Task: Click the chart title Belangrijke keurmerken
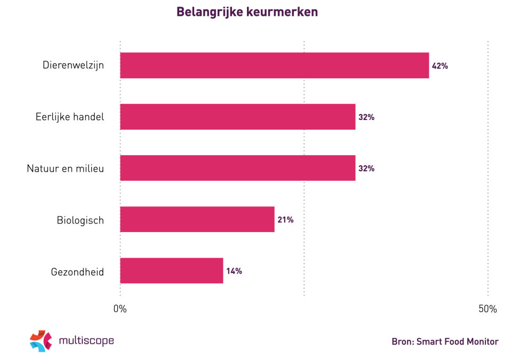coord(247,12)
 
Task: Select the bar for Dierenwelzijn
coord(274,66)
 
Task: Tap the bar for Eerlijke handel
coord(237,117)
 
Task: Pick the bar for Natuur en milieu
coord(237,168)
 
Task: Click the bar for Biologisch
coord(197,219)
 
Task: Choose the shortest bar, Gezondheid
coord(171,270)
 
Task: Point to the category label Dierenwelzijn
coord(73,66)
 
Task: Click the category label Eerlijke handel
coord(69,117)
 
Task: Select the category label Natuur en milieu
coord(65,169)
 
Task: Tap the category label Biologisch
coord(80,220)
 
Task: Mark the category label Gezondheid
coord(77,271)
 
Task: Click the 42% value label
coord(440,66)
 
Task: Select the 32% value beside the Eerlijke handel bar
coord(366,117)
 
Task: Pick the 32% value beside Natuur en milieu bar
coord(366,169)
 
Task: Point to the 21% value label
coord(285,220)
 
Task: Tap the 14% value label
coord(234,271)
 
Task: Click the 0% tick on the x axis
coord(120,309)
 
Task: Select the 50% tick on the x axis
coord(487,309)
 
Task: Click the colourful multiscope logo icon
coord(41,341)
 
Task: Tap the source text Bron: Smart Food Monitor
coord(445,342)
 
